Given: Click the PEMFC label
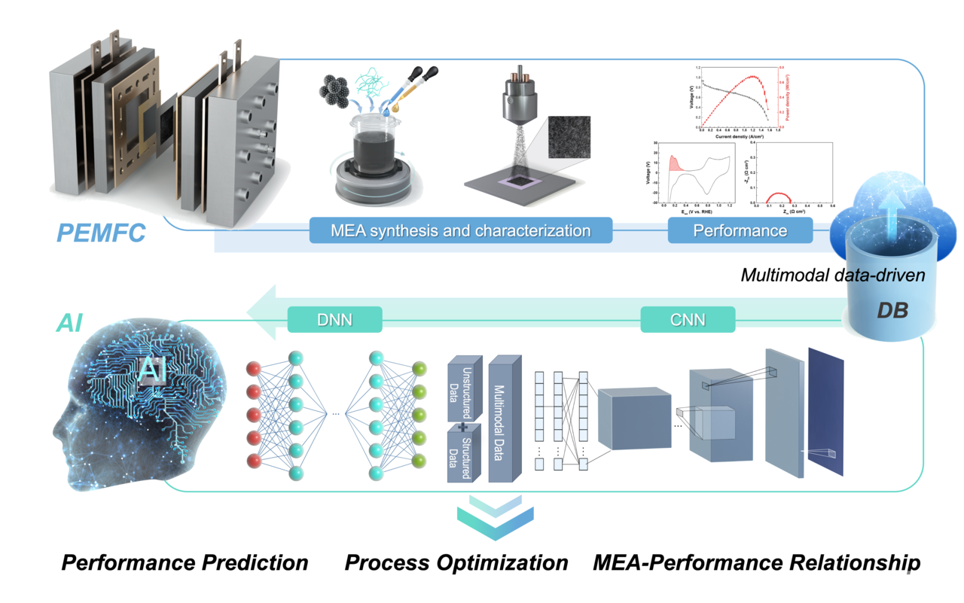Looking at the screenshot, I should point(101,232).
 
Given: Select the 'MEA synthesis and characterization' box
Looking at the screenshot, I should point(461,230).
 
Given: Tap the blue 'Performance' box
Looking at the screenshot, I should point(740,230).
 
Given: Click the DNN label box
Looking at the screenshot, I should point(335,319).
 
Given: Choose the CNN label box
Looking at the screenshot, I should point(688,319).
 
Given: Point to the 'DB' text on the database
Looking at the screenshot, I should point(892,309).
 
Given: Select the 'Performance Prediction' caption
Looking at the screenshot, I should point(185,562).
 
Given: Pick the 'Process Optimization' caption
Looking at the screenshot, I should point(456,562).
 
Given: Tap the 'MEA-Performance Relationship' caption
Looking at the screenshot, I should point(757,562).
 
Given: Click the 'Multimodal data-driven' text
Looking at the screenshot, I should point(833,275).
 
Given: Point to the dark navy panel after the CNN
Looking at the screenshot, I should point(826,410).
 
